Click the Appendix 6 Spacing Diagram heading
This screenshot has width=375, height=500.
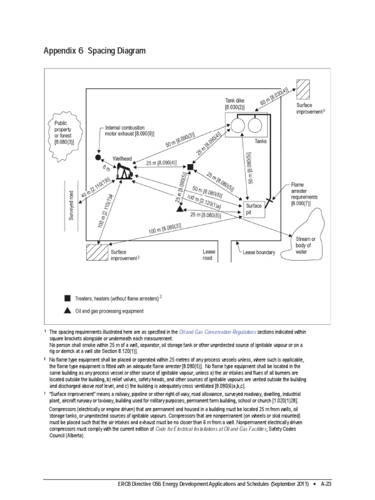[94, 51]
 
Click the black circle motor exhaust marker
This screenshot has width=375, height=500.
[98, 158]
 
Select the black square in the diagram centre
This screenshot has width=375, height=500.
[191, 167]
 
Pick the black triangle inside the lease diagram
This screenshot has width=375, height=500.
[180, 208]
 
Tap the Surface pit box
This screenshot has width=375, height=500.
[254, 209]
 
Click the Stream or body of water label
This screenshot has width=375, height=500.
[306, 246]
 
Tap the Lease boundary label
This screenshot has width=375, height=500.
[259, 252]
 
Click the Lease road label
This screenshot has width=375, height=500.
[208, 255]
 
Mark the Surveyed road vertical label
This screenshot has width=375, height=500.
[71, 206]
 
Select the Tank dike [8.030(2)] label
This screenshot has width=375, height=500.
[234, 103]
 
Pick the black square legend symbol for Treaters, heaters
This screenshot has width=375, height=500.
[67, 298]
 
